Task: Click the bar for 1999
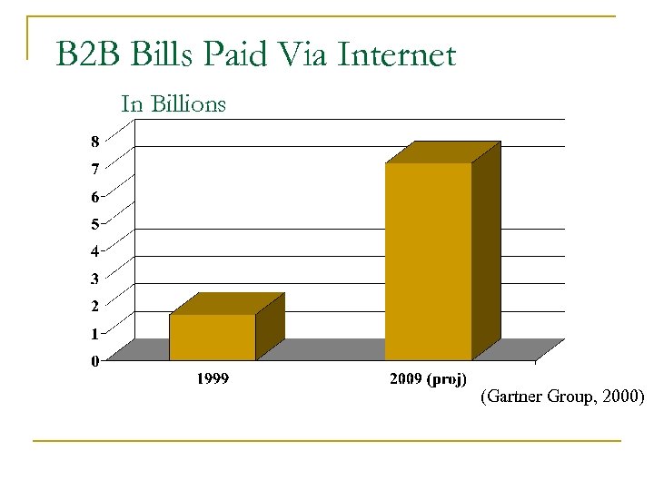213,337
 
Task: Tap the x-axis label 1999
213,379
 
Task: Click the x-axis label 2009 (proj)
428,379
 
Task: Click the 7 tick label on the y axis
94,169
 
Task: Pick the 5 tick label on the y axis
94,223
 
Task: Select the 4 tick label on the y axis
94,250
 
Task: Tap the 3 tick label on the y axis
94,279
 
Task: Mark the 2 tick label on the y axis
94,306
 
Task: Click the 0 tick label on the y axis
94,361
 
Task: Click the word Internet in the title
396,55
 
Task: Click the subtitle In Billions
173,104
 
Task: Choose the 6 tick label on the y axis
94,196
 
